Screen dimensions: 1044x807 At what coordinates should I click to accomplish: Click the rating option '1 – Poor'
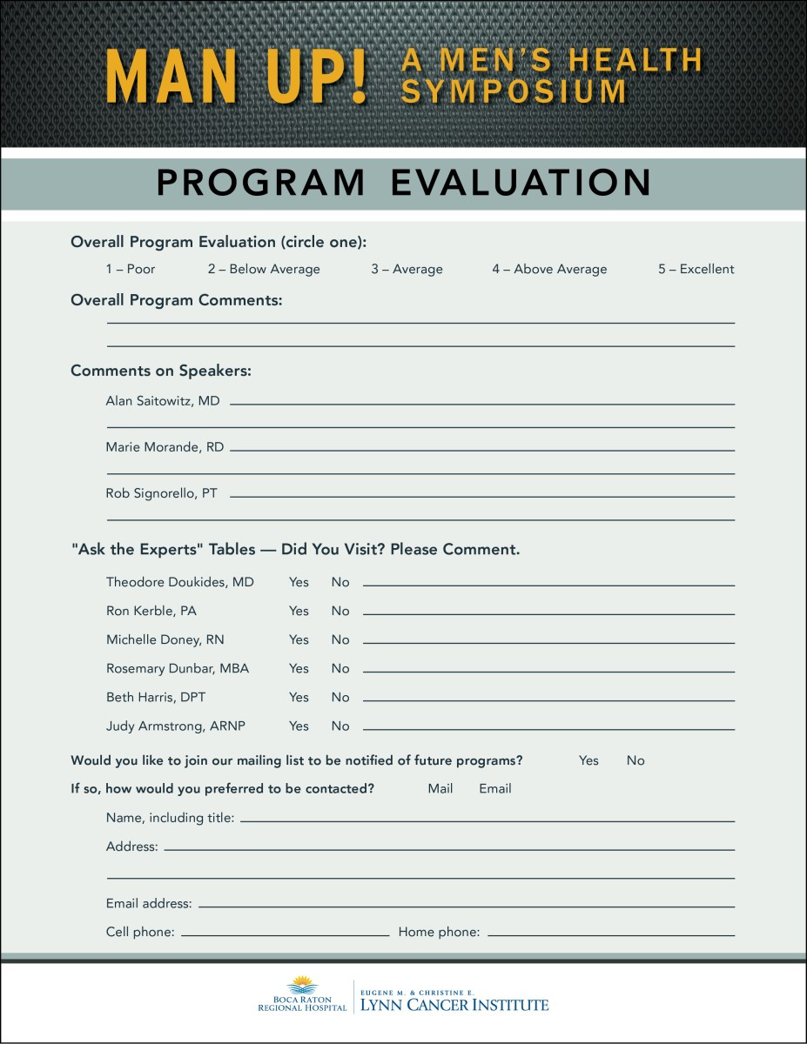131,270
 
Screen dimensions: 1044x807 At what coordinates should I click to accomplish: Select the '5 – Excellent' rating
696,270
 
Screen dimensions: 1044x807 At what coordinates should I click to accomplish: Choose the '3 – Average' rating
407,270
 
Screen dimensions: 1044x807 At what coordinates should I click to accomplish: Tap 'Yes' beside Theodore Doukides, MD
299,582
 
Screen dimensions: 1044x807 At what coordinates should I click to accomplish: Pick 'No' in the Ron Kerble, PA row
340,611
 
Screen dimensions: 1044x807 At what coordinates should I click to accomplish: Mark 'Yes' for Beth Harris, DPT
299,697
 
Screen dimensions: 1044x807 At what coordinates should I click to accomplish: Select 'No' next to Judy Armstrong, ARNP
340,726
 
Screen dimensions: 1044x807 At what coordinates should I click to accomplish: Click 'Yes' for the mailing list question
588,760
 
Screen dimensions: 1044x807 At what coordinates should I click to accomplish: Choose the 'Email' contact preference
495,789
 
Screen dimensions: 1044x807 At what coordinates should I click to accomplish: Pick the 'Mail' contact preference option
440,789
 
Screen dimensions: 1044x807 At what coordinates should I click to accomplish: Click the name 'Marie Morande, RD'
165,447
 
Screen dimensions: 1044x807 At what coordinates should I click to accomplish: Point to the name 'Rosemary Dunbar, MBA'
178,668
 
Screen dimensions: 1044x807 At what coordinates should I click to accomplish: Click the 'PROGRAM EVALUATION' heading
404,183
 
